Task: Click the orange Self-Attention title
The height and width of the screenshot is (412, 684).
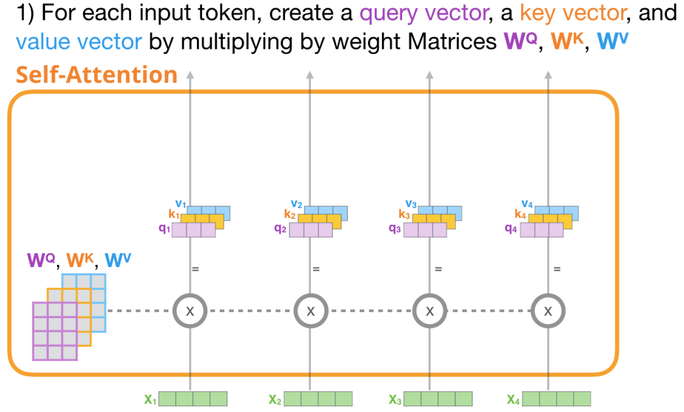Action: pos(96,75)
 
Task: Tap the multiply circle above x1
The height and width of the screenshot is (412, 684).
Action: pos(189,311)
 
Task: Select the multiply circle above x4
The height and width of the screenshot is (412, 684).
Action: pos(548,311)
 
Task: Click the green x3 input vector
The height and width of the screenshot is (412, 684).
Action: pos(438,399)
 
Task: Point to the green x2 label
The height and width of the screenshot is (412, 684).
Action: pos(274,399)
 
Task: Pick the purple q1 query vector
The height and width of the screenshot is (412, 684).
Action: pos(194,230)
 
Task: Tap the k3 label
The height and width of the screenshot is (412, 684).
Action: pos(403,215)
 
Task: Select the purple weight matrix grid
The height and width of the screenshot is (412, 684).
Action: pos(54,331)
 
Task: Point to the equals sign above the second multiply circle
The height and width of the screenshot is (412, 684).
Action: pos(315,269)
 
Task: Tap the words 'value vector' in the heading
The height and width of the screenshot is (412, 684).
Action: pos(79,42)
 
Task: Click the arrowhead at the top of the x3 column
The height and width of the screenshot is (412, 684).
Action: pos(429,75)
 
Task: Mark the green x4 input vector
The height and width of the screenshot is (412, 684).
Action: pos(557,399)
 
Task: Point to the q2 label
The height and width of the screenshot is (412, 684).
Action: pos(280,229)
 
